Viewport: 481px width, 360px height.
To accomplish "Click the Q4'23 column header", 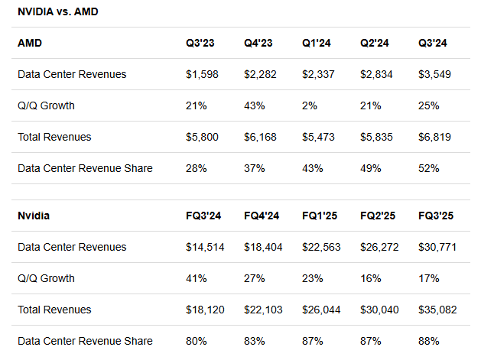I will [x=260, y=44].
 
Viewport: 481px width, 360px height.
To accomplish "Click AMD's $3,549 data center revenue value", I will [x=435, y=74].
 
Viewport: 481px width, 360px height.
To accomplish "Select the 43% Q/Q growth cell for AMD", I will [x=255, y=105].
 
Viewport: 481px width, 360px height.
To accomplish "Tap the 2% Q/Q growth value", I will [x=310, y=105].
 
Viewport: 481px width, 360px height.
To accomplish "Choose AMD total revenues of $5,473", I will [x=319, y=137].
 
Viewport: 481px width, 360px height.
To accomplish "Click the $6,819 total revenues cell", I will [x=435, y=137].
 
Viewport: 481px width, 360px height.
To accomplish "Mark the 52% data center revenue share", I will [x=430, y=168].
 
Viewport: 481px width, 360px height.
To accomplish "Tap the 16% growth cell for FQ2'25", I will [x=371, y=278].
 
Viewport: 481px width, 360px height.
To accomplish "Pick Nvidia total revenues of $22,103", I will [x=263, y=310].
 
